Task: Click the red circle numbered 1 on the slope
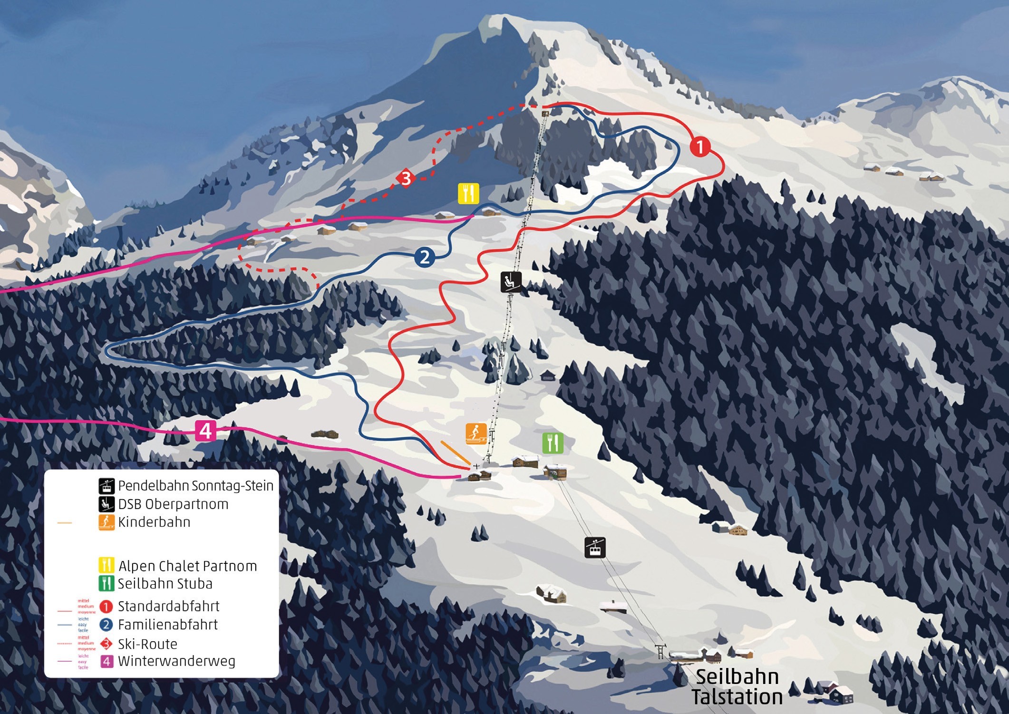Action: [x=699, y=146]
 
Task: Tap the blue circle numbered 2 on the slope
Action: [x=425, y=257]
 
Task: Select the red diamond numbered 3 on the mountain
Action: [x=406, y=179]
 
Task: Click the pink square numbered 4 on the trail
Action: [x=205, y=431]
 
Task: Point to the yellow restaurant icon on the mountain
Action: [x=468, y=193]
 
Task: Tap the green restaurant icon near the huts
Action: [x=553, y=443]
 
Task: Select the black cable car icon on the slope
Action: [x=595, y=547]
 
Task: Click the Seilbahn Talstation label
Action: [x=737, y=687]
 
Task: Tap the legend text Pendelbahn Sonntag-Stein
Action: [x=195, y=486]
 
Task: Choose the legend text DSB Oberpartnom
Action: [x=173, y=504]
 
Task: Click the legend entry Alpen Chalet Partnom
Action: [x=187, y=566]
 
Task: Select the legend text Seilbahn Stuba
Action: [x=165, y=584]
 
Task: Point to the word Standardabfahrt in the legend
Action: [x=169, y=607]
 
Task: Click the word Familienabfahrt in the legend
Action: [x=168, y=625]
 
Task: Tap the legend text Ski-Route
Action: [x=147, y=644]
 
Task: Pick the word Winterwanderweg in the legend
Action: [x=176, y=661]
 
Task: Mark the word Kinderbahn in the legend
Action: [x=154, y=522]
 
